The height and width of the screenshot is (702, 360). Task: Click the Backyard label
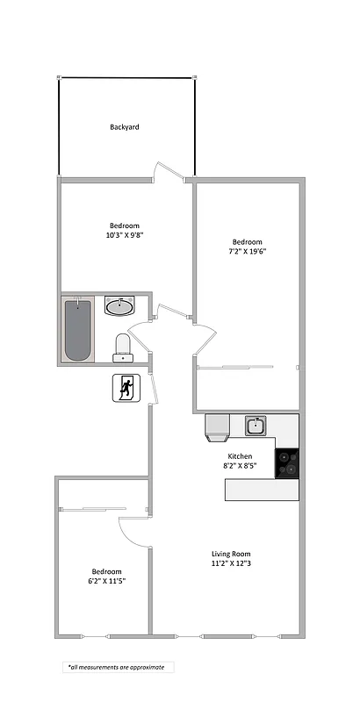(x=125, y=127)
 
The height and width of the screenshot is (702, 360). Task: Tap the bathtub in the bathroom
(x=76, y=329)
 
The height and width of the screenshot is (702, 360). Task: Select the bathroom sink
(x=119, y=306)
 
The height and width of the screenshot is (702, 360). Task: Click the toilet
(x=123, y=347)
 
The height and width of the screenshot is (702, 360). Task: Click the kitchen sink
(x=256, y=426)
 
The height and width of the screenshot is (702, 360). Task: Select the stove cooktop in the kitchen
(x=287, y=462)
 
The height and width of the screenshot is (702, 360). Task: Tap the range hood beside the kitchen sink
(x=218, y=426)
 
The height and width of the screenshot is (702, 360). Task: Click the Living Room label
(x=232, y=554)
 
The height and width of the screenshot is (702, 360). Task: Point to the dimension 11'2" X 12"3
(x=232, y=564)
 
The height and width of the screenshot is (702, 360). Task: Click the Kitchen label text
(x=240, y=456)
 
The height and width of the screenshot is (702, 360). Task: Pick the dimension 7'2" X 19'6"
(x=247, y=252)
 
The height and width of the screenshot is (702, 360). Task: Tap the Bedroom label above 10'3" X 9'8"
(x=124, y=226)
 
